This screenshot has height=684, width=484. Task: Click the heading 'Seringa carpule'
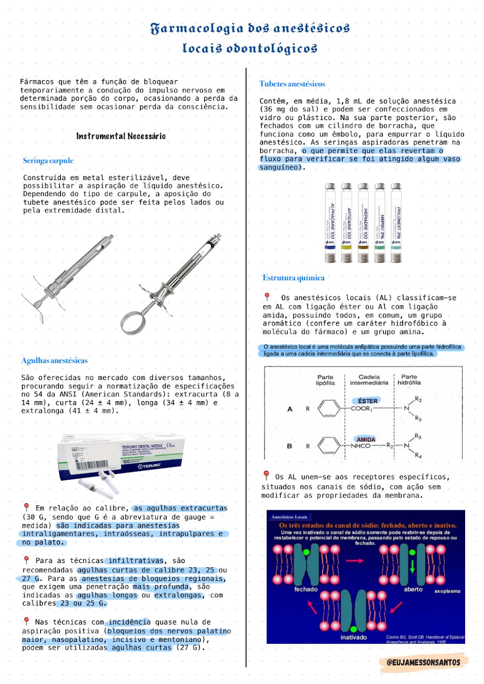48,161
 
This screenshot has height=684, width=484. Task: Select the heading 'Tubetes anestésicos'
292,84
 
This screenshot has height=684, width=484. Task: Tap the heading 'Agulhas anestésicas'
54,361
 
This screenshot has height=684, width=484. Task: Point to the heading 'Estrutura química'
293,278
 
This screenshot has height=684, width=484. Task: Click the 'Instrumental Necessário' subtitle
121,136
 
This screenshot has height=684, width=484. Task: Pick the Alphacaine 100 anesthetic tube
330,223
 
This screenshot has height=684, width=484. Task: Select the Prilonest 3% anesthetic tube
396,223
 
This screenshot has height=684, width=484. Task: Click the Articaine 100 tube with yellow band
347,223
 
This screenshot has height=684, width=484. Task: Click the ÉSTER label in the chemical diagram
367,401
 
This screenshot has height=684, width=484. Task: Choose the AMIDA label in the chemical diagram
366,439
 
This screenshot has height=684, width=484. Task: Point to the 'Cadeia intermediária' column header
369,380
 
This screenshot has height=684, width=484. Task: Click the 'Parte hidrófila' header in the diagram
409,380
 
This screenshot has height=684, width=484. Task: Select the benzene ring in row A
329,409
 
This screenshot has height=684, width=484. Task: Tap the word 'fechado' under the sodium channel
306,589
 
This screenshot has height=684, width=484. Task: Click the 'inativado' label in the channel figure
353,637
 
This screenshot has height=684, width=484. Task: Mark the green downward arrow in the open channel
412,565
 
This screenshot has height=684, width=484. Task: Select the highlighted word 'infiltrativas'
136,561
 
